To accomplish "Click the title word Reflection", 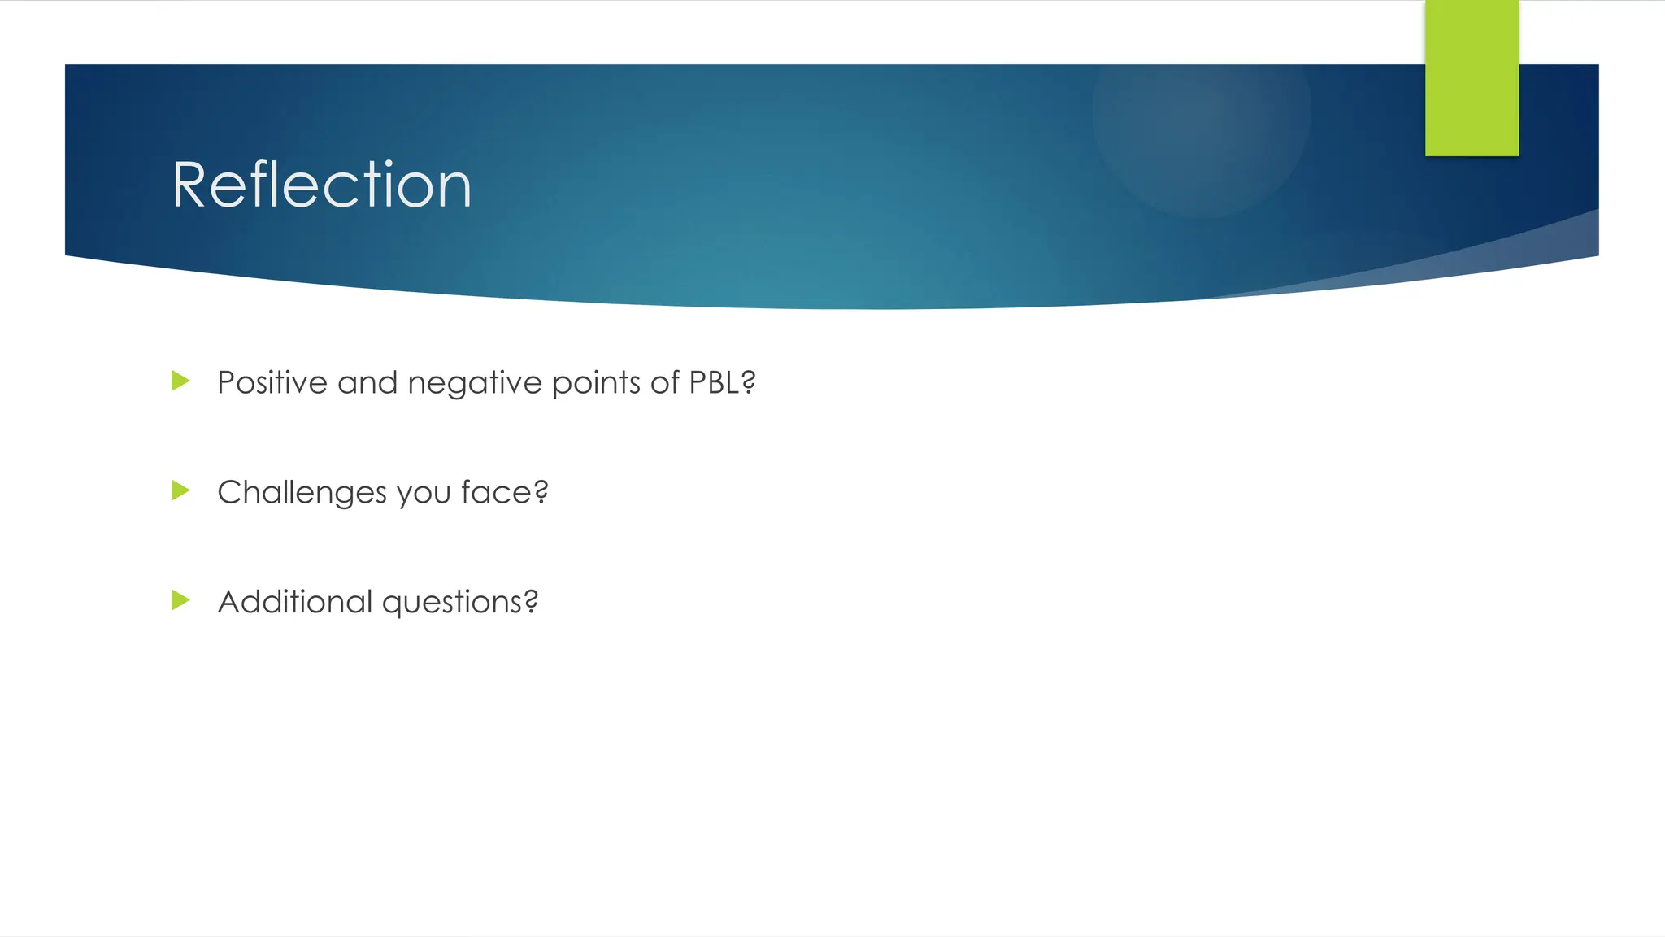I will point(322,185).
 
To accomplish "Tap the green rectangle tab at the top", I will point(1472,78).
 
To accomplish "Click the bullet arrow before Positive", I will point(180,381).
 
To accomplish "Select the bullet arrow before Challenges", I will point(180,490).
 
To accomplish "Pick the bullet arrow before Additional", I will point(180,600).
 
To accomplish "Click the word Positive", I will point(272,382).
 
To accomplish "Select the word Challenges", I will point(302,493).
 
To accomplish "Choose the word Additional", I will point(294,602).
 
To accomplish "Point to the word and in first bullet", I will point(367,382).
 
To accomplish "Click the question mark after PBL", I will point(749,382).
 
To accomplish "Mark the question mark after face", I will point(541,492).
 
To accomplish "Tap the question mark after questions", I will point(531,602).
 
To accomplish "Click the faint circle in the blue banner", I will point(1201,114).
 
